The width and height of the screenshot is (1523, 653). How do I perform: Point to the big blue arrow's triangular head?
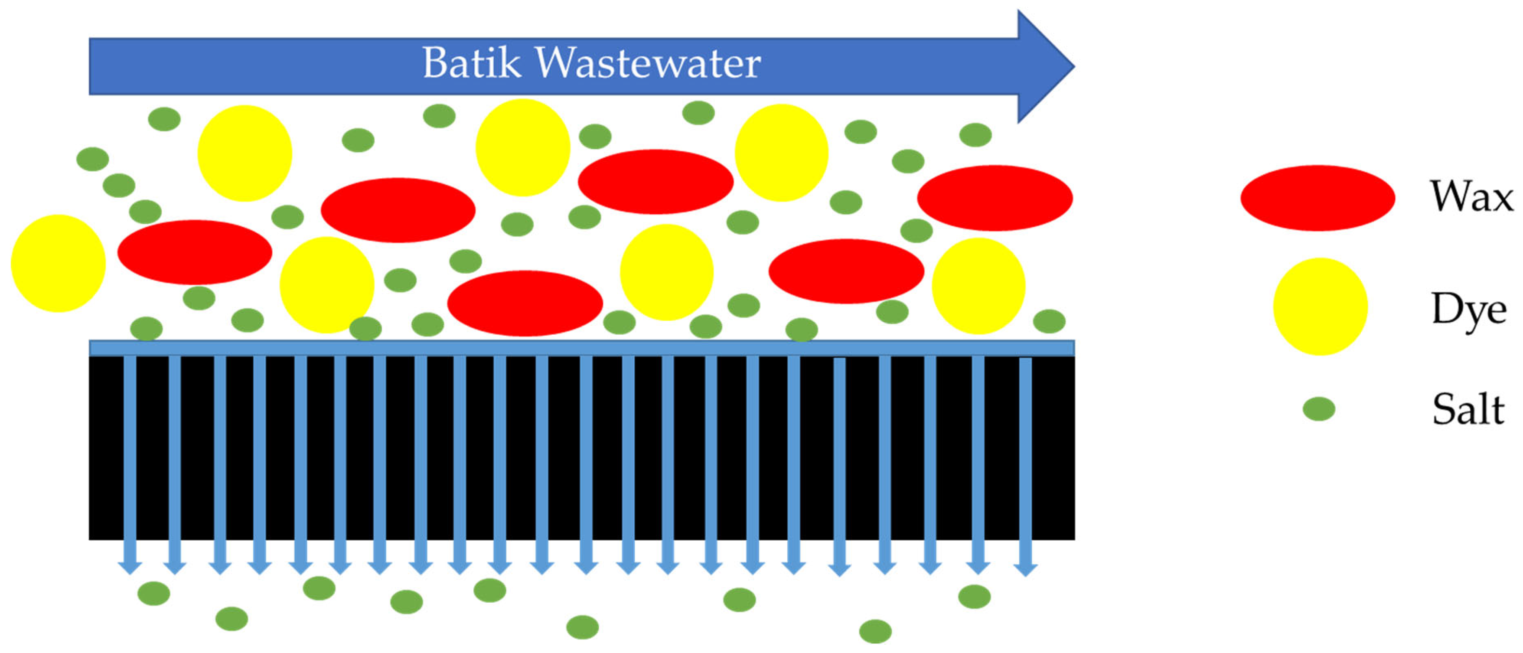click(1044, 66)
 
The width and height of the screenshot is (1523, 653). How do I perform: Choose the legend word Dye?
click(1469, 308)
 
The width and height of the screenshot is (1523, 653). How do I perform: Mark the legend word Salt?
click(1468, 409)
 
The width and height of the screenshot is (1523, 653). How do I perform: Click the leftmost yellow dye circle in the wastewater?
click(58, 263)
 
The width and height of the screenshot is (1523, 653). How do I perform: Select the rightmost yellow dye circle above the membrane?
click(978, 286)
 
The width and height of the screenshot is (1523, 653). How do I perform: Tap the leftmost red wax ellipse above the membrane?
click(195, 252)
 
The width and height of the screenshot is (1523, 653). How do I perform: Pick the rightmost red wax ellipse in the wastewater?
click(995, 198)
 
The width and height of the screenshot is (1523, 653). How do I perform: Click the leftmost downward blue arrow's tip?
click(130, 568)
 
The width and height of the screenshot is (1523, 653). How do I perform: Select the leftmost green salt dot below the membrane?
click(154, 593)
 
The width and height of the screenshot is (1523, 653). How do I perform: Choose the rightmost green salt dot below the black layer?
click(974, 596)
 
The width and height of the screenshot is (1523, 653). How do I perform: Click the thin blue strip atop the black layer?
click(581, 348)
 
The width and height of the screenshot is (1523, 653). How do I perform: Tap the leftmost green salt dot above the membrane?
click(93, 159)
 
